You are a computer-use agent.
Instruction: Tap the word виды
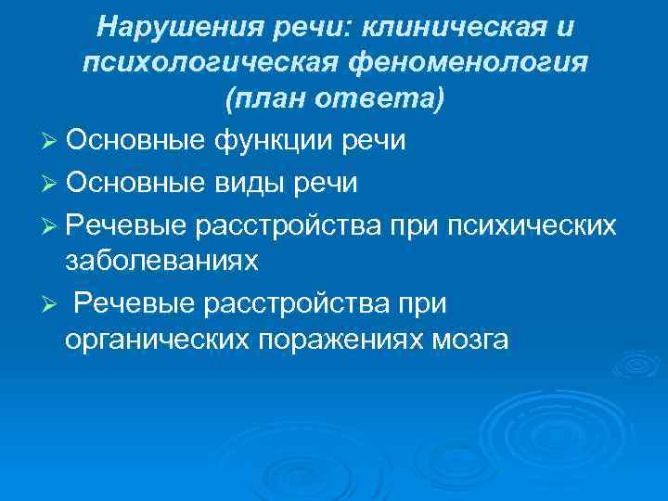coord(253,183)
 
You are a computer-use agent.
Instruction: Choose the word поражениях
coord(338,340)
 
